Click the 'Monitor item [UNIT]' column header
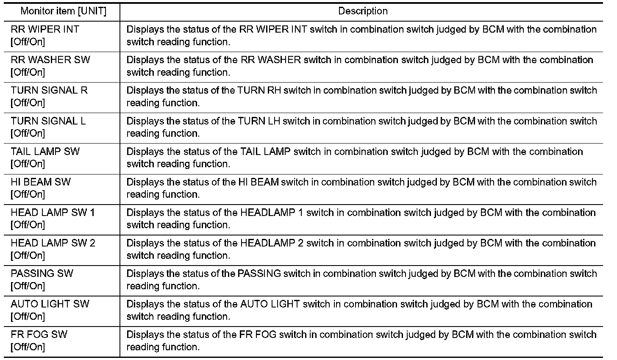pyautogui.click(x=63, y=11)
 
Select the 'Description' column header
pyautogui.click(x=363, y=11)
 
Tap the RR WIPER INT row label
pyautogui.click(x=45, y=30)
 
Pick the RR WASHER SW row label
pyautogui.click(x=50, y=60)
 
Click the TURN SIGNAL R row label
pyautogui.click(x=49, y=91)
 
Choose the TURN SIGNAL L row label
pyautogui.click(x=48, y=121)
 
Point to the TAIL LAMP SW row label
pyautogui.click(x=45, y=152)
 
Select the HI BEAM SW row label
pyautogui.click(x=41, y=182)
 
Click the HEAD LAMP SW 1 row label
pyautogui.click(x=53, y=213)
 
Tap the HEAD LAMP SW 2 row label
pyautogui.click(x=53, y=243)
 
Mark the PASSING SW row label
pyautogui.click(x=42, y=274)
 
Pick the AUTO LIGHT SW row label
pyautogui.click(x=50, y=304)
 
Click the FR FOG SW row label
pyautogui.click(x=39, y=335)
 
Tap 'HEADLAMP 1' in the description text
pyautogui.click(x=272, y=213)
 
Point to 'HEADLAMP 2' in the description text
pyautogui.click(x=272, y=243)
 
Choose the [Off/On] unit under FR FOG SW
pyautogui.click(x=28, y=347)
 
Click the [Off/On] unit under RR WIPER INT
pyautogui.click(x=28, y=42)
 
